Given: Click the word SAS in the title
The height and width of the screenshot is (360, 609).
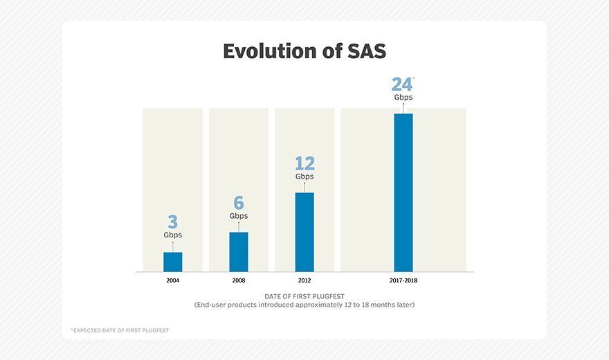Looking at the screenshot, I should (362, 51).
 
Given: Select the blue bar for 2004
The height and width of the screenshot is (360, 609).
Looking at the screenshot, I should (173, 262).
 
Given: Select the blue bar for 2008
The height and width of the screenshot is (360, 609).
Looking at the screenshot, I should (239, 251).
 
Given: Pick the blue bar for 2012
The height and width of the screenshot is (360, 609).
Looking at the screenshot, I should (304, 232).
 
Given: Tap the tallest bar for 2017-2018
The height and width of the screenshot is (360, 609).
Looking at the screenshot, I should (403, 192).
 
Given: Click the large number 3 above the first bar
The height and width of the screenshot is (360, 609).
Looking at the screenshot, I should (173, 222).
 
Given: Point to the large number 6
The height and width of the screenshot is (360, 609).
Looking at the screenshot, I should (239, 203).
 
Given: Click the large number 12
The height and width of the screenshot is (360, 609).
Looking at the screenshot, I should (304, 163).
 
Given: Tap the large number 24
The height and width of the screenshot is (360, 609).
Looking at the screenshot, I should (401, 84).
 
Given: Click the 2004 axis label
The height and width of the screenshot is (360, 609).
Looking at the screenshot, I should (173, 281).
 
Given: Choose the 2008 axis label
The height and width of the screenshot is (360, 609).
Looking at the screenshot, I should (239, 281).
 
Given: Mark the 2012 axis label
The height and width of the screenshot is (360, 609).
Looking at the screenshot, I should (304, 281).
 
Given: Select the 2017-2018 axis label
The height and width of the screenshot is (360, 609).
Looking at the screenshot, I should (403, 281).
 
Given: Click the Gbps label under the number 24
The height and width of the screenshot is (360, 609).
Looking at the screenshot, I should (403, 98).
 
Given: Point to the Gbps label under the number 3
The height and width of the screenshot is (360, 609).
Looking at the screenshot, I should (173, 235).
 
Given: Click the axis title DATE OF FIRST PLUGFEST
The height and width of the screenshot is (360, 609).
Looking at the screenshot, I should (304, 296).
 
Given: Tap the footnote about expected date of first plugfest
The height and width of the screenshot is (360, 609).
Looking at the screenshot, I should (120, 330).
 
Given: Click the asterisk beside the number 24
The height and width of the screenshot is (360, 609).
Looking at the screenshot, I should (413, 79).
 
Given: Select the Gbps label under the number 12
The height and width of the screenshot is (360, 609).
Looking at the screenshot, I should (304, 177).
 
